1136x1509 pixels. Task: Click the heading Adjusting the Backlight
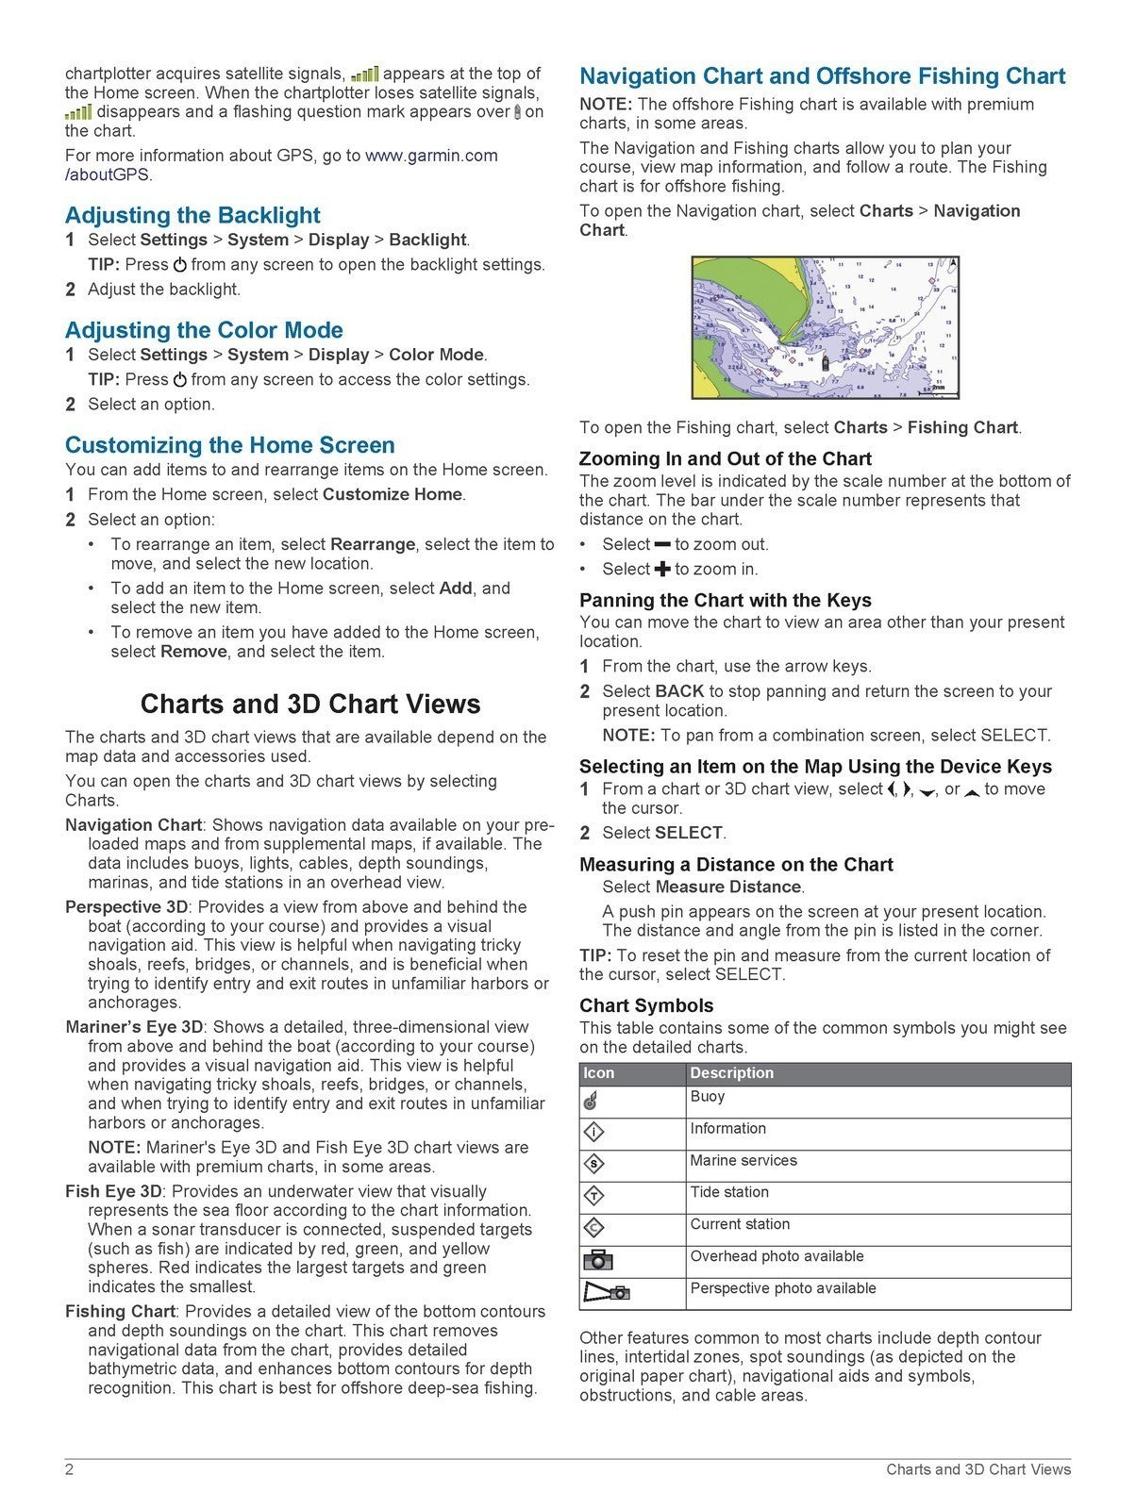(192, 215)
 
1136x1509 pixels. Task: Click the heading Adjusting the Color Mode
(204, 330)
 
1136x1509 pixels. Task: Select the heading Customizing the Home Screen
(229, 445)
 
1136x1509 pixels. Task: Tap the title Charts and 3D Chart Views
(309, 705)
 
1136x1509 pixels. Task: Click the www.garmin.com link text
(431, 156)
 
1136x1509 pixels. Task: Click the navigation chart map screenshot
(825, 327)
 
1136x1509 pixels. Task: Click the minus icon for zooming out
(662, 544)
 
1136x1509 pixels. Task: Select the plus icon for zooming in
(662, 569)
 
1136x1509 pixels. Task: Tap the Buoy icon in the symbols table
(591, 1100)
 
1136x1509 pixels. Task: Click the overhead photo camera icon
(597, 1260)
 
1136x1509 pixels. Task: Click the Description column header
(731, 1073)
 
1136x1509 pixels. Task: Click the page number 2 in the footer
(69, 1469)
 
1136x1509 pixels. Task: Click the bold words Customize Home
(393, 494)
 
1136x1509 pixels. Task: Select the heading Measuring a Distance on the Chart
(735, 865)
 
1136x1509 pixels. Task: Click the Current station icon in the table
(594, 1227)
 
